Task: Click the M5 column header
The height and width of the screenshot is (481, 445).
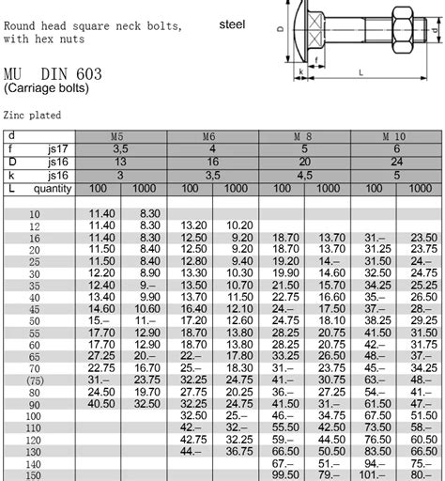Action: click(x=120, y=137)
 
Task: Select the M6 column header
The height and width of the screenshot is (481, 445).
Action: click(x=212, y=137)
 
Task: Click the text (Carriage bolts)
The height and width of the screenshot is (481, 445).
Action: click(x=46, y=88)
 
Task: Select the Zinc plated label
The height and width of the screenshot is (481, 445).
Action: click(x=33, y=116)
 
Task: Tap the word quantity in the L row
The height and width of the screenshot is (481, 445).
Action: click(x=53, y=188)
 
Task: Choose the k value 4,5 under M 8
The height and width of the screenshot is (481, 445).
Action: click(x=303, y=175)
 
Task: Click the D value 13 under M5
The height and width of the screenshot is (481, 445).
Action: click(x=120, y=162)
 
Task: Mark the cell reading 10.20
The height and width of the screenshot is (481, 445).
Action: click(x=239, y=225)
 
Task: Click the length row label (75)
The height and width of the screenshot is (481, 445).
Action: click(x=35, y=380)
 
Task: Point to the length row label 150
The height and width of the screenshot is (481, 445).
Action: click(x=35, y=474)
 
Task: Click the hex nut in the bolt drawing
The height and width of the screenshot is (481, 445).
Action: click(x=395, y=38)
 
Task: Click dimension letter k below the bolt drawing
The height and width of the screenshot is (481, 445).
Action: click(x=299, y=70)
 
